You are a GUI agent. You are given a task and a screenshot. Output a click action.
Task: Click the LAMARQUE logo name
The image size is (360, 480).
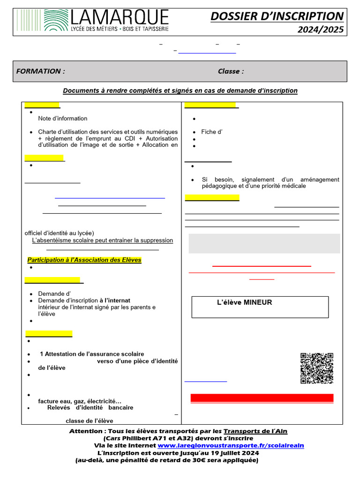[x=119, y=17]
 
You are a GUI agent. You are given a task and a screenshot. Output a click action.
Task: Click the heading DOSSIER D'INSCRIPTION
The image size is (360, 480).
[x=277, y=16]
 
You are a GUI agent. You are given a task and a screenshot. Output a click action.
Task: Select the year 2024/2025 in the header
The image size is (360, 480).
[x=320, y=30]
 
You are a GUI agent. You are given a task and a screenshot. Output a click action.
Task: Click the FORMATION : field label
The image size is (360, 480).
[x=40, y=71]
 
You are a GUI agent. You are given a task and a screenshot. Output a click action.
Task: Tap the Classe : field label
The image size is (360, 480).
[x=231, y=71]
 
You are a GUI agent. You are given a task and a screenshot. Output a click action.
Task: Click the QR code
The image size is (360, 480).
[x=316, y=368]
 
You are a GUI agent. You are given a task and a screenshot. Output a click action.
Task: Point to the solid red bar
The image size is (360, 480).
[x=262, y=398]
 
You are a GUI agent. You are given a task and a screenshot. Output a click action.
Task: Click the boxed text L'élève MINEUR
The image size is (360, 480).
[x=244, y=303]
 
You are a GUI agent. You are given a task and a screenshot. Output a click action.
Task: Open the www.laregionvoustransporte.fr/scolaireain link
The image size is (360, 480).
[x=231, y=445]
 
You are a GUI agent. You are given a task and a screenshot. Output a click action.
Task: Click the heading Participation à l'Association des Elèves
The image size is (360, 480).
[x=84, y=260]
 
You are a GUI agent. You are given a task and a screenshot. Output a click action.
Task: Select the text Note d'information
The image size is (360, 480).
[x=63, y=119]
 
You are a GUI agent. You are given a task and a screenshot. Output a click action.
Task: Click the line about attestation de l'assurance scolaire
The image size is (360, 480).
[x=92, y=354]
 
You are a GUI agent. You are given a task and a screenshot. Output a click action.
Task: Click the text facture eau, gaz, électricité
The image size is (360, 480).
[x=80, y=401]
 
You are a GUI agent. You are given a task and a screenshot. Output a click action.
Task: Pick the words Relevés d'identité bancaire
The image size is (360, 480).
[x=90, y=408]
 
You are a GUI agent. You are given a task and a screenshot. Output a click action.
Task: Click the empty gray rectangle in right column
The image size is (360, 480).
[x=264, y=243]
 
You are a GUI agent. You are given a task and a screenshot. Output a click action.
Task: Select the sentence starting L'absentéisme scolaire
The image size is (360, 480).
[x=102, y=240]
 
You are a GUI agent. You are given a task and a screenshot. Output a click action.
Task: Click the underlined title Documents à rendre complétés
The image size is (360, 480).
[x=180, y=90]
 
